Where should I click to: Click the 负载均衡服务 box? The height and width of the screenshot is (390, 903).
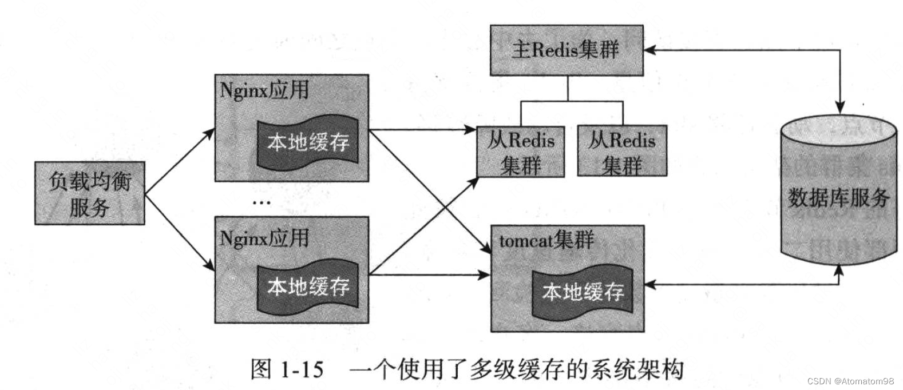tap(90, 193)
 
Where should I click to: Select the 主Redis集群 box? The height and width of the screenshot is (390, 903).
tap(566, 50)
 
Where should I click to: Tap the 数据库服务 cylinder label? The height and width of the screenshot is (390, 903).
tap(838, 198)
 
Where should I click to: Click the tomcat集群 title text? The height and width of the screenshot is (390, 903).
tap(546, 240)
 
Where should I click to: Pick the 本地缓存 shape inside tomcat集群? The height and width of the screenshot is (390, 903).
tap(583, 292)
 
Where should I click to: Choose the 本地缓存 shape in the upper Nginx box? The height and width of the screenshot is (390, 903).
tap(308, 142)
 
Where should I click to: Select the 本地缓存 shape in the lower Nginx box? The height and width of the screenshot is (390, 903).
tap(308, 286)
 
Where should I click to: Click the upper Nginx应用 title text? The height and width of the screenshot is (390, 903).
tap(264, 91)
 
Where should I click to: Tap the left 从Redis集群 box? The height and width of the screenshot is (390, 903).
tap(521, 152)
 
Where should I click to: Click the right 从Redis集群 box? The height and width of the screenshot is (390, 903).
tap(622, 152)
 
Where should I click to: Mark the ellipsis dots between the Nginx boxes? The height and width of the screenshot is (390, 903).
tap(262, 202)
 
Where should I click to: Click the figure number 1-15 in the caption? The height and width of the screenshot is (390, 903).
tap(302, 369)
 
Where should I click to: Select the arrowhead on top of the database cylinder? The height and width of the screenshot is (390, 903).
tap(839, 108)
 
